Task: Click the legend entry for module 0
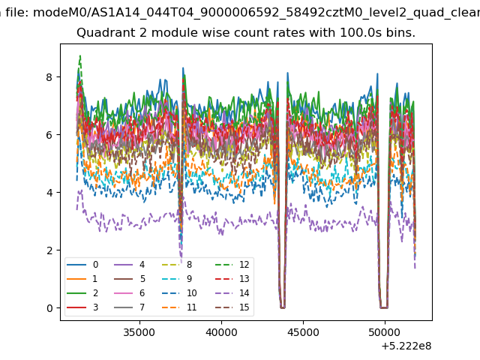point(82,265)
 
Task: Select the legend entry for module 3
point(82,307)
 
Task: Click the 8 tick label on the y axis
point(49,77)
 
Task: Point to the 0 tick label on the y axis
point(49,308)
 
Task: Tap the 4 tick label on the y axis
point(49,193)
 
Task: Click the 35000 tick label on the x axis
point(139,332)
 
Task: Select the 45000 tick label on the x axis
point(303,332)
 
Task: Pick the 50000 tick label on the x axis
point(385,332)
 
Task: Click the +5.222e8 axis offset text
point(406,346)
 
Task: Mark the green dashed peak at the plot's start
point(80,56)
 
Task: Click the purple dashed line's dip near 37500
point(181,262)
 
